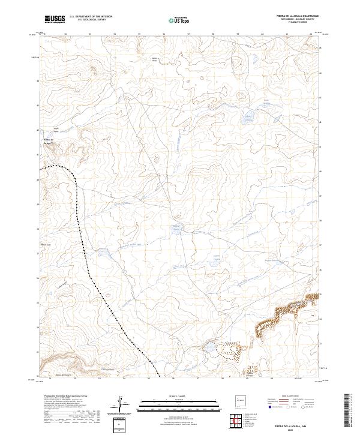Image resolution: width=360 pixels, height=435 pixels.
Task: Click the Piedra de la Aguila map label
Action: (50, 142)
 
